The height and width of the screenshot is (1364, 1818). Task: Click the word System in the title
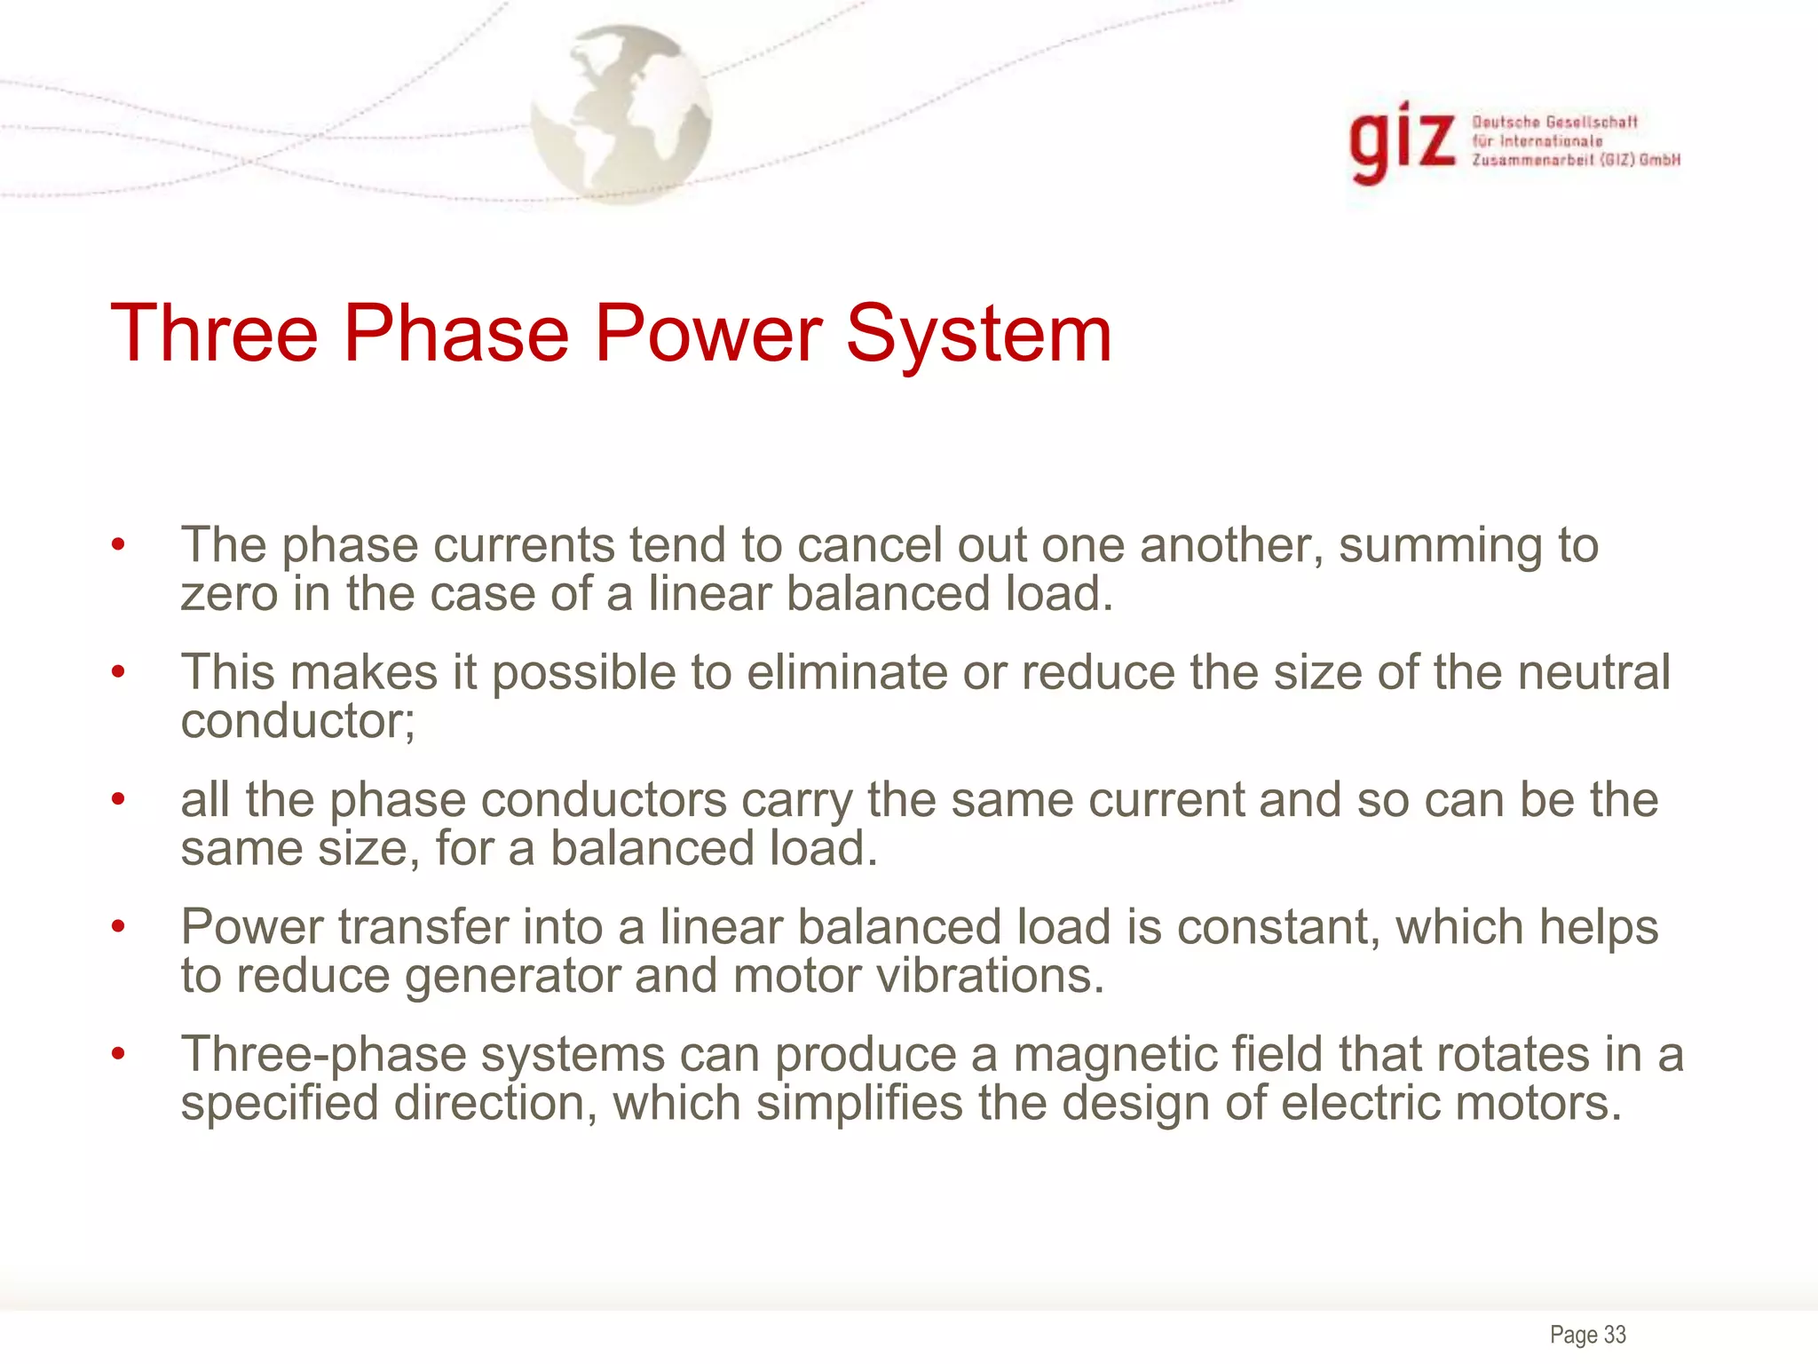tap(978, 335)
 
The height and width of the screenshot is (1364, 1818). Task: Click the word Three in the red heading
tap(214, 335)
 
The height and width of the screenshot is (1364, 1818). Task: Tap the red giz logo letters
tap(1401, 142)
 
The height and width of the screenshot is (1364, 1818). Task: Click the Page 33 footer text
tap(1587, 1334)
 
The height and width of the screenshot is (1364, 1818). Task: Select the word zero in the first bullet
tap(228, 594)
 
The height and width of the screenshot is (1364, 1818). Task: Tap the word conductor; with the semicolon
tap(298, 721)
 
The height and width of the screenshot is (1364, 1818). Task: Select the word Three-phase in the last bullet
tap(323, 1055)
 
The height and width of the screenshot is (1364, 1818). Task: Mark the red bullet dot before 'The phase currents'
tap(118, 545)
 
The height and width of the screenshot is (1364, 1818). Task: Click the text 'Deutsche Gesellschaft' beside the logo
tap(1554, 123)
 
